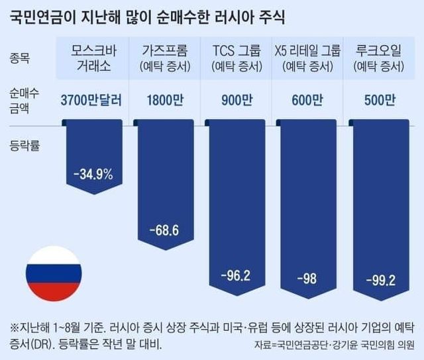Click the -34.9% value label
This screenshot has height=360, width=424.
(x=93, y=175)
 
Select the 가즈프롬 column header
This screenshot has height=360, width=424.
(x=164, y=58)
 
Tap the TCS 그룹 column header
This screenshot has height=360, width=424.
(x=236, y=58)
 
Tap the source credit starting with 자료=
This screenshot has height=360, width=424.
(x=334, y=345)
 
